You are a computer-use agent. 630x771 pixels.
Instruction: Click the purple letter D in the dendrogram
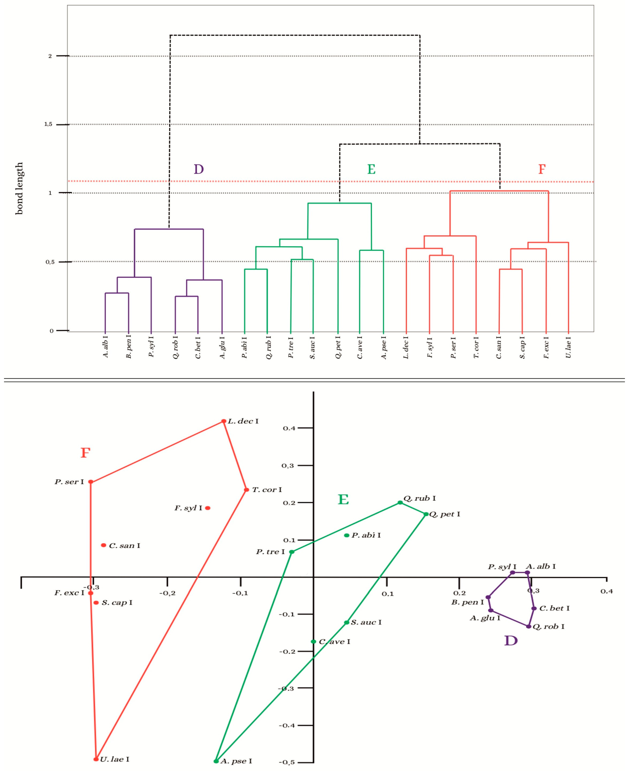199,169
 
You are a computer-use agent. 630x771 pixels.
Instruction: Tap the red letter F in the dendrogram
541,169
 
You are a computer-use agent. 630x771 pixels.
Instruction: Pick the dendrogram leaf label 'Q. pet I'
338,348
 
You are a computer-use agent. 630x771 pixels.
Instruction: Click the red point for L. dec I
224,421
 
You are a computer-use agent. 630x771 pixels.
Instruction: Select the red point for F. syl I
208,508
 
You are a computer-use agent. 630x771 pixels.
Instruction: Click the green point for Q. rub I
400,502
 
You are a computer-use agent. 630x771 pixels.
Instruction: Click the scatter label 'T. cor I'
267,490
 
